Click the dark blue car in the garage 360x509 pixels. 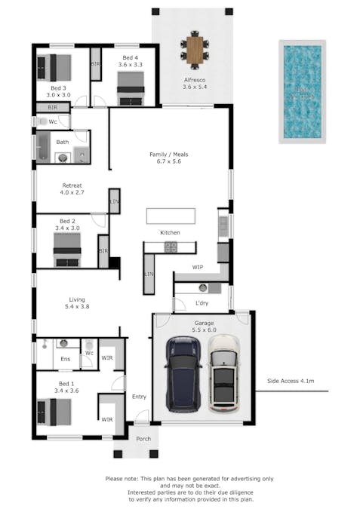tap(183, 374)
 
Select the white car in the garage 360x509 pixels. tap(223, 374)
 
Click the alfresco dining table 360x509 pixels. tap(195, 51)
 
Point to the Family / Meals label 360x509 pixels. tap(169, 158)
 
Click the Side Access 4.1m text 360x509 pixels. tap(291, 382)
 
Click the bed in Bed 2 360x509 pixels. tap(67, 249)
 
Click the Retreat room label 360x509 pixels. tap(71, 189)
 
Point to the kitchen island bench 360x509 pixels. tap(171, 214)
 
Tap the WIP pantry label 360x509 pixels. tap(198, 268)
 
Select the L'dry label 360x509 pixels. tap(202, 303)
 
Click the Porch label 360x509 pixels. tap(143, 438)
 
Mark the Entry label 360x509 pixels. tap(139, 397)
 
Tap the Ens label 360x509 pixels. tap(66, 359)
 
